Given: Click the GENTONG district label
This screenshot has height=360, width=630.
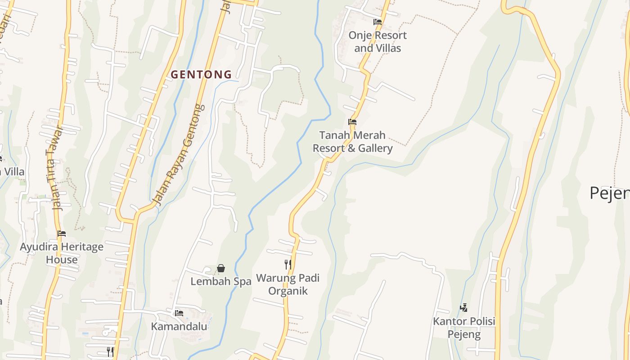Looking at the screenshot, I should point(201,75).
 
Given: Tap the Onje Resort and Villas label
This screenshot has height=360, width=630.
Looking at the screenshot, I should point(377,41).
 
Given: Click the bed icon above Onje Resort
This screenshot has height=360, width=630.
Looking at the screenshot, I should point(377,22).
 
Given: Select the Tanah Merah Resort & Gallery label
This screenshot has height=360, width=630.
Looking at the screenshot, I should point(352,142).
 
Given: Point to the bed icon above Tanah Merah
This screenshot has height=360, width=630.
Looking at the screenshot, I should point(352,121).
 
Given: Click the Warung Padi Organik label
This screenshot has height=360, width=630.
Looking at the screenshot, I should point(288,284).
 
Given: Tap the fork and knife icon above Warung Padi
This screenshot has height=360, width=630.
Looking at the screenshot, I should point(288,264).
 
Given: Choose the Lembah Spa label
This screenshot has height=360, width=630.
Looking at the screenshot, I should point(220,281).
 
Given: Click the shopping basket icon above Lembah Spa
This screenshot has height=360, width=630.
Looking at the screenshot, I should point(221,268).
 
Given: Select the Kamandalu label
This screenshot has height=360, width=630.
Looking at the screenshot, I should point(179,326).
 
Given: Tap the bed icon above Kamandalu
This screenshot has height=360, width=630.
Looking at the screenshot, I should point(179,313).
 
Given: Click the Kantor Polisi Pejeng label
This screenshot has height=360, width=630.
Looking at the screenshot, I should point(464,328).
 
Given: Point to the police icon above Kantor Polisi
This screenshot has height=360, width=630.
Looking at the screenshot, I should point(464,308).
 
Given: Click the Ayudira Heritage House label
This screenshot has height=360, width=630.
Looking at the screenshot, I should point(62,253).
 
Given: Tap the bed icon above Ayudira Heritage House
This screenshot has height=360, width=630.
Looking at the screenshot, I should point(62,233).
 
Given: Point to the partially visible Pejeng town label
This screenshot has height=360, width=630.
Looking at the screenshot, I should point(609,193).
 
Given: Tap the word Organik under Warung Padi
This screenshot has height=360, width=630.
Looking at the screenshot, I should point(288,291).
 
